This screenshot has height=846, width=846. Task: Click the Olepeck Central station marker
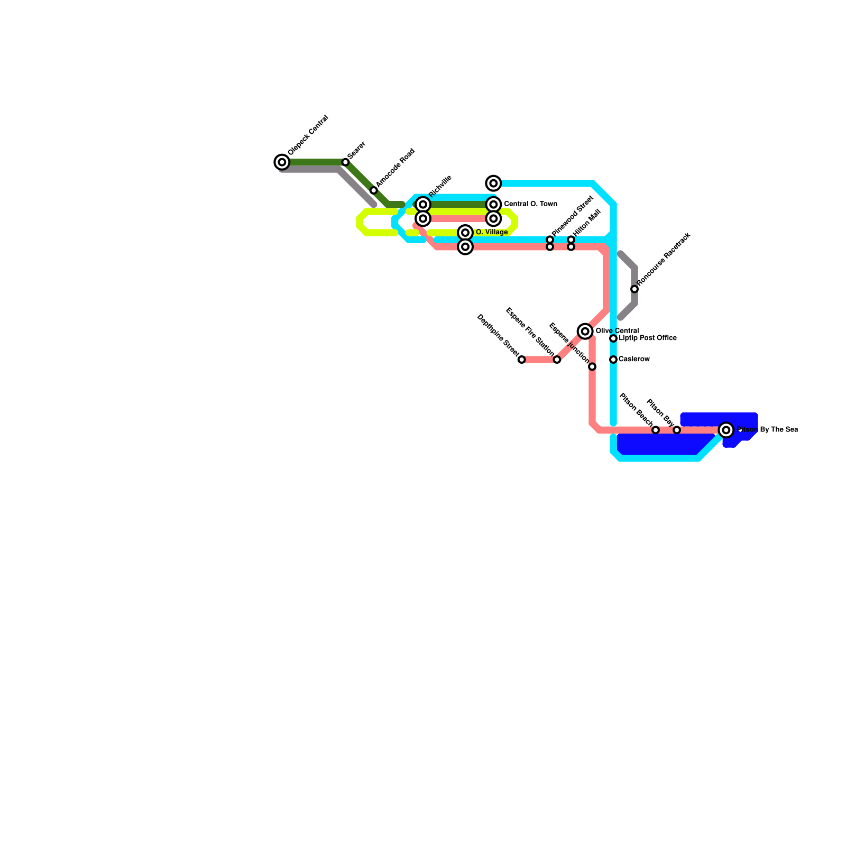pos(282,162)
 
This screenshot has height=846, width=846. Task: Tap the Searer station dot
pos(345,162)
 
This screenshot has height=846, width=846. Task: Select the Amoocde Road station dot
pos(373,190)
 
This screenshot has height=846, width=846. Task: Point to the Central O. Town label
pos(530,204)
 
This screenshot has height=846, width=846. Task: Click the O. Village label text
pos(492,232)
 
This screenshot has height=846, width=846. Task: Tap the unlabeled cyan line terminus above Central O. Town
pos(493,183)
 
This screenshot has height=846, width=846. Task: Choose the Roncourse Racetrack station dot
pos(635,289)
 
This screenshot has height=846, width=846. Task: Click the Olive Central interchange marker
pos(585,332)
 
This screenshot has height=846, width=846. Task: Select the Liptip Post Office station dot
pos(613,338)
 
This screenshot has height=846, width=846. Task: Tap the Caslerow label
pos(634,360)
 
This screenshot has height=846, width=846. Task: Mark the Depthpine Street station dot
pos(521,360)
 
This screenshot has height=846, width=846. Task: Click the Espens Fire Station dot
pos(557,360)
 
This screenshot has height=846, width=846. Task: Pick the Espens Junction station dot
pos(592,367)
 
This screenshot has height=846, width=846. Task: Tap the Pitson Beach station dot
pos(656,430)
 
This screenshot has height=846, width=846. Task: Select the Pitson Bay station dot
pos(677,430)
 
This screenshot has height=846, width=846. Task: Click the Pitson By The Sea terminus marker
pos(727,430)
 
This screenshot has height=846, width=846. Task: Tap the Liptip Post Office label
pos(648,338)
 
